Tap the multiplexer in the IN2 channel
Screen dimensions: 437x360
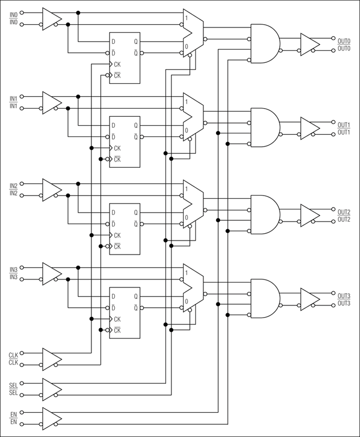click(x=193, y=204)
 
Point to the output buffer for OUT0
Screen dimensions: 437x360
click(x=309, y=44)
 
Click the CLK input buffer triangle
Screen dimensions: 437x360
click(x=51, y=359)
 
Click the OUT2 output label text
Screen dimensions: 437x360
click(x=344, y=212)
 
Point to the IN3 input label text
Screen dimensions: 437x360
click(x=13, y=269)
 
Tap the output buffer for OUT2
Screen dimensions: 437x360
click(x=309, y=215)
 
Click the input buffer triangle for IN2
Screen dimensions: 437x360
click(x=51, y=189)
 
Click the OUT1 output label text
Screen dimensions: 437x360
click(x=344, y=125)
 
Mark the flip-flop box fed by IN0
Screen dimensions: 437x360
click(x=124, y=58)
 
